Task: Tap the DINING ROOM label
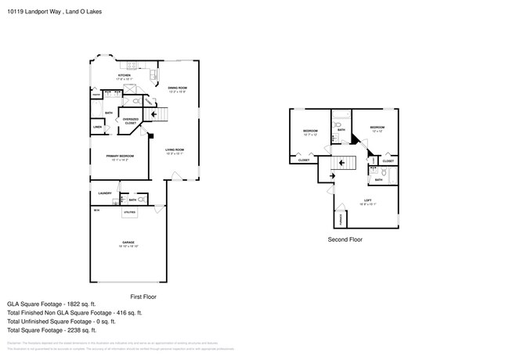coord(177,88)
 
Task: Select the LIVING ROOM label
coord(174,149)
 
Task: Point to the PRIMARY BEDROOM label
coord(121,156)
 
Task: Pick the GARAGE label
coord(126,243)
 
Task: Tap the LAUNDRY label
coord(104,193)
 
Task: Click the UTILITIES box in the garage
coord(130,211)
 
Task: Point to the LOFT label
coord(367,201)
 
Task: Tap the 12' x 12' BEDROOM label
coord(377,128)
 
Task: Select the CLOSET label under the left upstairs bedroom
coord(303,160)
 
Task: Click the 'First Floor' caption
coord(143,297)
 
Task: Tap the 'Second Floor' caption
coord(345,239)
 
